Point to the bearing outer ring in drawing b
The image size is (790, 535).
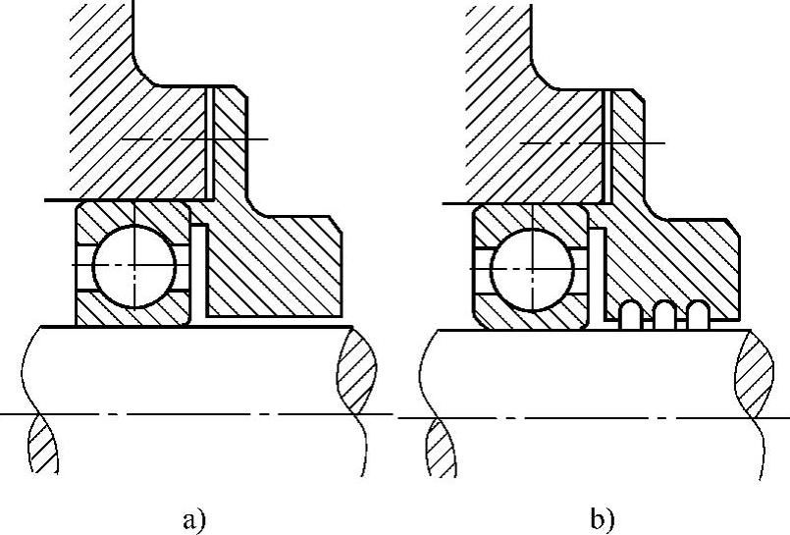pyautogui.click(x=531, y=217)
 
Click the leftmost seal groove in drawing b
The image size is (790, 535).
pyautogui.click(x=632, y=314)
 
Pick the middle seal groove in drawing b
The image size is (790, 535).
pyautogui.click(x=665, y=314)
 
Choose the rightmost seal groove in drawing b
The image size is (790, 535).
pyautogui.click(x=698, y=314)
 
